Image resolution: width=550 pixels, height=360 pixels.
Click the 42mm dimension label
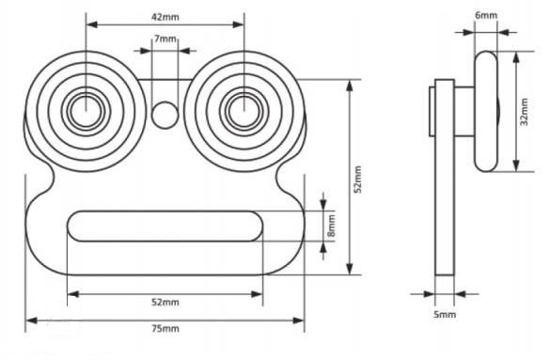pos(165,17)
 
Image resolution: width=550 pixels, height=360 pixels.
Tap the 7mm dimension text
pos(165,39)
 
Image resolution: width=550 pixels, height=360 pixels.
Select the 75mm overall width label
pos(165,328)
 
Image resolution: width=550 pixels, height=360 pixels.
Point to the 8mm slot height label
pos(331,226)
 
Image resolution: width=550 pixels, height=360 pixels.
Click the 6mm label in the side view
pos(486,15)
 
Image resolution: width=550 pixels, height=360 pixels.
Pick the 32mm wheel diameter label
pos(524,112)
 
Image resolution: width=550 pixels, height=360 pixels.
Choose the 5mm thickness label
pos(445,315)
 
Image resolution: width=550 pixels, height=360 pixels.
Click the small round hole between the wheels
pos(165,115)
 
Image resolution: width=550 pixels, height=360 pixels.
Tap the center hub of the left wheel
pos(86,111)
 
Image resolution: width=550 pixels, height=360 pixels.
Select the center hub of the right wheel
pos(244,111)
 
